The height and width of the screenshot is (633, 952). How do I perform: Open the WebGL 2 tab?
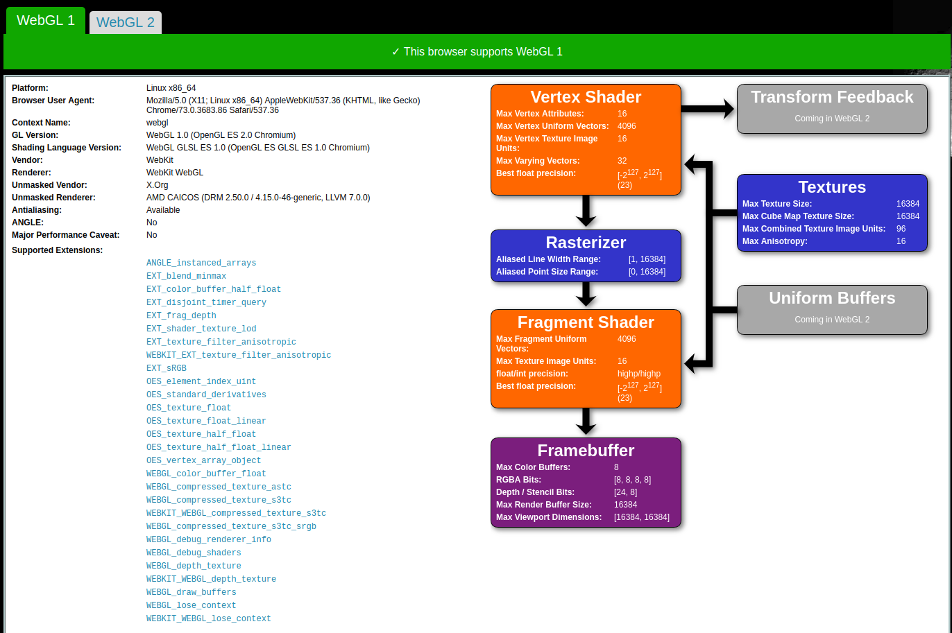126,22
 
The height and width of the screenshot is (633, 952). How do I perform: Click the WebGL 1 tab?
46,20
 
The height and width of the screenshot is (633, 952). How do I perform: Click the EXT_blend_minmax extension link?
186,276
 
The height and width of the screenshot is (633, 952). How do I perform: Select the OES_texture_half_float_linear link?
219,447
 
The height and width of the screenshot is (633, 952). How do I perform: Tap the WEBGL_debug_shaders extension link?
194,553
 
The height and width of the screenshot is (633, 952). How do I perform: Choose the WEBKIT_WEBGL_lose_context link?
208,618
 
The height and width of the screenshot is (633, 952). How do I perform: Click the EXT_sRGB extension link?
166,368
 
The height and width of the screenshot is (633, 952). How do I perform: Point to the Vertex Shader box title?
586,97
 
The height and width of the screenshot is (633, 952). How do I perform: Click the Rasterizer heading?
586,243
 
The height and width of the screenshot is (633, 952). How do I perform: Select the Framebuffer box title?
586,451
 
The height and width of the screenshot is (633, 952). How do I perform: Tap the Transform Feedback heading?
832,97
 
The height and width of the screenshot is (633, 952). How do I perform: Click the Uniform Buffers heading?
832,298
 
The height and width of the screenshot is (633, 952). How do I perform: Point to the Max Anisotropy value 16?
901,241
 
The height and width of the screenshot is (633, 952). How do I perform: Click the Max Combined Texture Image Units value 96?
901,229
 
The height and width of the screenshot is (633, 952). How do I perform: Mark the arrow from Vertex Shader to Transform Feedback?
708,108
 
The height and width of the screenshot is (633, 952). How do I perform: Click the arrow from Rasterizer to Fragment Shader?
586,294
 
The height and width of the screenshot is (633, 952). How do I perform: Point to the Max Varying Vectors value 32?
622,161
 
